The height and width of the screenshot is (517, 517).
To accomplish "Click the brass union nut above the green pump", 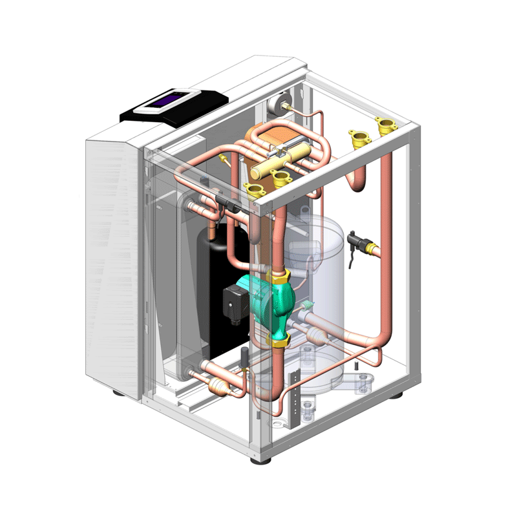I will [283, 278].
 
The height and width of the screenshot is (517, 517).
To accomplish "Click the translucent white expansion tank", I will [323, 258].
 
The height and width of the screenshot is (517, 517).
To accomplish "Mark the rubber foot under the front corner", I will [260, 461].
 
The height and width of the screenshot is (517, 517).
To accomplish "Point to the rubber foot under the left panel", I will [118, 392].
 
